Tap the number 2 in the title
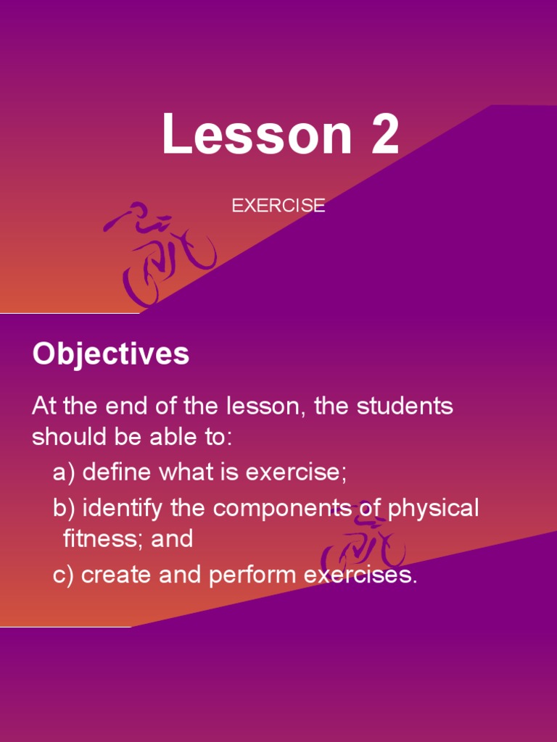(x=384, y=135)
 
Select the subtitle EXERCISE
(x=278, y=206)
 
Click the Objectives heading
(x=111, y=354)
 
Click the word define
(x=117, y=473)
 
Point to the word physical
(x=433, y=509)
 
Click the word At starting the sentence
(x=44, y=407)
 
